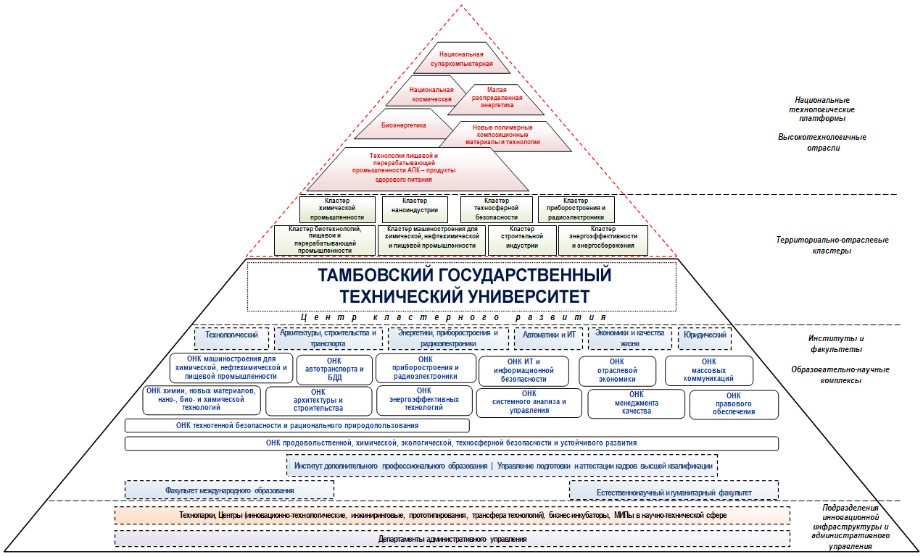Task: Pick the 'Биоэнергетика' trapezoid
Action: (405, 125)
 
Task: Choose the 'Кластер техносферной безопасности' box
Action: (496, 209)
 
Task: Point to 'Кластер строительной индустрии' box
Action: (521, 240)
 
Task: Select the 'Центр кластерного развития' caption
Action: (453, 317)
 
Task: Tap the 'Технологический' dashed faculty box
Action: (232, 336)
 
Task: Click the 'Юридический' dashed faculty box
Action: (703, 336)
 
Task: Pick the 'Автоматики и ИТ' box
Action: (549, 336)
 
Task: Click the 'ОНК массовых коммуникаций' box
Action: (708, 370)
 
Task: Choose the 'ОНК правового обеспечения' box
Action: (733, 404)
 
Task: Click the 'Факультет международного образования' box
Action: (229, 490)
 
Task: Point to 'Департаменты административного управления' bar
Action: (452, 539)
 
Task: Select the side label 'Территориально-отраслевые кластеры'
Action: (831, 245)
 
